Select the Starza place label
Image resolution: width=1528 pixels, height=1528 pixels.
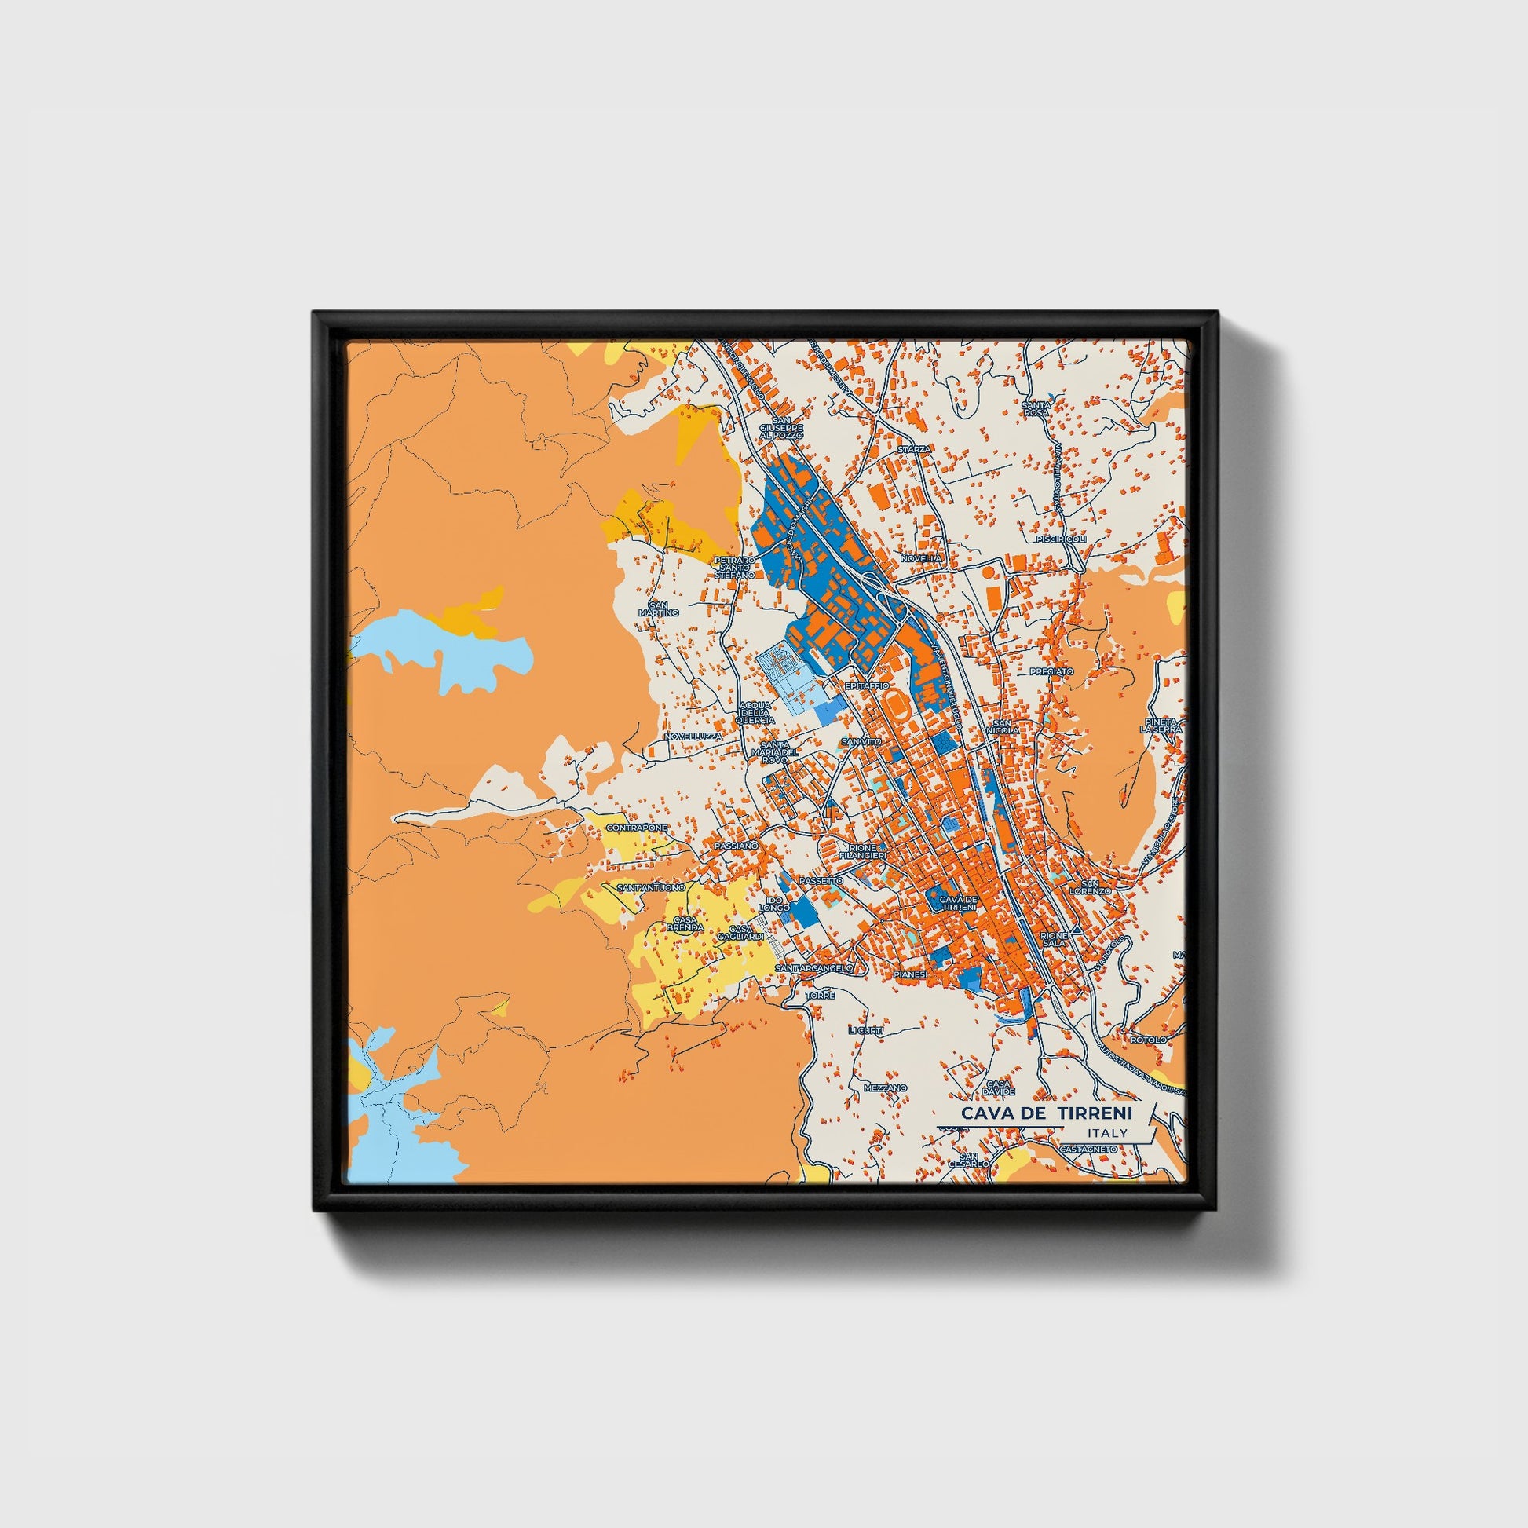click(x=915, y=448)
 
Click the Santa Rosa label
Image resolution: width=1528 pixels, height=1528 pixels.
click(x=1035, y=408)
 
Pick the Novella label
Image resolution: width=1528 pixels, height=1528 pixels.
click(x=921, y=558)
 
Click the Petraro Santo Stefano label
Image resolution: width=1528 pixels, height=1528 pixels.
click(x=735, y=567)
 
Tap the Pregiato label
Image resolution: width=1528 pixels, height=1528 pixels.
click(x=1051, y=671)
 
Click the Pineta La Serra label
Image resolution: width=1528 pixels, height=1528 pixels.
click(x=1161, y=726)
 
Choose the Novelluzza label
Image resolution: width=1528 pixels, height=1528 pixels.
click(x=693, y=736)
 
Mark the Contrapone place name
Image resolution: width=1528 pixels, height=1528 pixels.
click(x=637, y=828)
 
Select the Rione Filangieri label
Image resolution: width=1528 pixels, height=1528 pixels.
click(x=862, y=853)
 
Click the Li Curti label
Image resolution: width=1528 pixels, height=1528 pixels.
click(x=865, y=1030)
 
